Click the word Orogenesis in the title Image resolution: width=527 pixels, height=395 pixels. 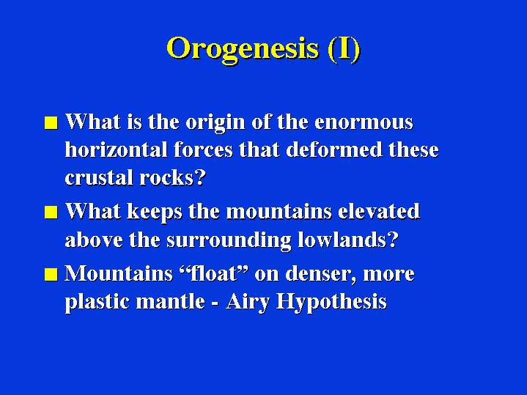(243, 49)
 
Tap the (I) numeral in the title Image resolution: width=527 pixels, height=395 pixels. (344, 49)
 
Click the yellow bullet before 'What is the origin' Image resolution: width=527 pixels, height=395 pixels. (51, 122)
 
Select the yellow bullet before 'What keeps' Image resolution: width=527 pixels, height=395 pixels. (51, 213)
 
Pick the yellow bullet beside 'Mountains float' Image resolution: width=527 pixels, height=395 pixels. (51, 274)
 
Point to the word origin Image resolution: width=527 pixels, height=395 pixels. (215, 123)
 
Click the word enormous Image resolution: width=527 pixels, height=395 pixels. (364, 122)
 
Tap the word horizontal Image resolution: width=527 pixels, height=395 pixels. (116, 149)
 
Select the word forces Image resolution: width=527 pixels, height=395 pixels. (203, 149)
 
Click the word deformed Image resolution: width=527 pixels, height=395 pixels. (334, 149)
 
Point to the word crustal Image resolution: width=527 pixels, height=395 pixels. (99, 177)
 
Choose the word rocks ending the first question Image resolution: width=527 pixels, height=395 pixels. (166, 177)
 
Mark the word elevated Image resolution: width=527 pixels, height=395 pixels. (379, 212)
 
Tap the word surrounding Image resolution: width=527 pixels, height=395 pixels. (229, 240)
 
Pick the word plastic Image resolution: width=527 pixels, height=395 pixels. (97, 302)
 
